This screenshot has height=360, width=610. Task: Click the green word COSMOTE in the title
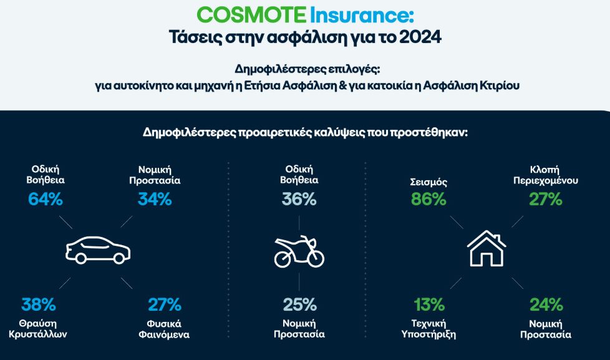click(251, 15)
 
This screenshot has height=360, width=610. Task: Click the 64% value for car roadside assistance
click(46, 199)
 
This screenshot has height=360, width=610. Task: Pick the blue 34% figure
click(155, 199)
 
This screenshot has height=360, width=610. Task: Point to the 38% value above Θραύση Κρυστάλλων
click(39, 304)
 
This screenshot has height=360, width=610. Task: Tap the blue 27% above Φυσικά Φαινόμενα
click(165, 304)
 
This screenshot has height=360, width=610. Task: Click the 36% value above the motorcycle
click(299, 199)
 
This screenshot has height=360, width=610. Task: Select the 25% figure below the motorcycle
click(299, 304)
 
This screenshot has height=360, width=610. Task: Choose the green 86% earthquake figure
click(428, 199)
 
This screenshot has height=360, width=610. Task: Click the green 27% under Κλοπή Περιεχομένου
click(546, 199)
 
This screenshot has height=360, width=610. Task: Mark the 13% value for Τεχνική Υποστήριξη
click(429, 304)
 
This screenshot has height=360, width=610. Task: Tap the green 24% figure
click(546, 304)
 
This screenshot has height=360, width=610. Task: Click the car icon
click(98, 250)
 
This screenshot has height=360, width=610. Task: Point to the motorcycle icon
click(299, 251)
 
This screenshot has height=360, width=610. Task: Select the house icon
click(487, 248)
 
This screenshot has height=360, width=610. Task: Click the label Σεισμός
click(428, 182)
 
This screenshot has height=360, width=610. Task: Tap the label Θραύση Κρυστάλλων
click(38, 329)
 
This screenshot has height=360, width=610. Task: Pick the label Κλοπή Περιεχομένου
click(545, 175)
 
